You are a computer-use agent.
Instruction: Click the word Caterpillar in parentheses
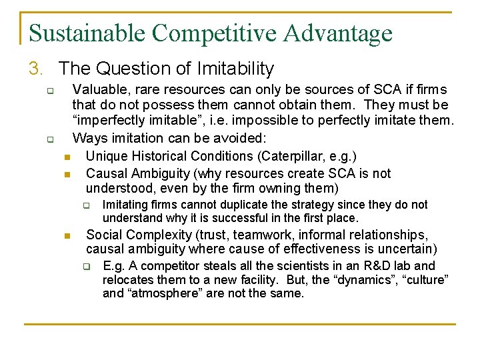(x=291, y=157)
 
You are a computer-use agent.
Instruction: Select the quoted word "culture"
(x=424, y=279)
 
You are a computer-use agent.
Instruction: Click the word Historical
(x=161, y=157)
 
